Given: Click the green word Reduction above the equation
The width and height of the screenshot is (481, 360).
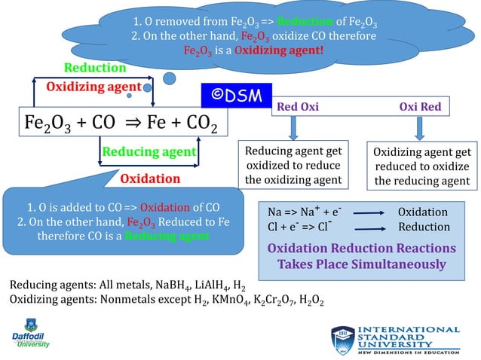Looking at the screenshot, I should (x=94, y=68).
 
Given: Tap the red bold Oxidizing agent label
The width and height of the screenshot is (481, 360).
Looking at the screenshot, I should (x=94, y=87).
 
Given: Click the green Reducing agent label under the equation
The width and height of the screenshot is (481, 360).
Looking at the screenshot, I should (x=149, y=152).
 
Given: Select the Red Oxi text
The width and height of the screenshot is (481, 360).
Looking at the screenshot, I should (x=299, y=107).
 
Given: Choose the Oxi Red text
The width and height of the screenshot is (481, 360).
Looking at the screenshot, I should (x=420, y=107).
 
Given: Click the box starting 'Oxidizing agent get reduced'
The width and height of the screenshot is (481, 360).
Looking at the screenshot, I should (x=422, y=166).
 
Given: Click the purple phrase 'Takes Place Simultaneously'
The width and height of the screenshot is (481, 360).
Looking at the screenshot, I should (x=361, y=264).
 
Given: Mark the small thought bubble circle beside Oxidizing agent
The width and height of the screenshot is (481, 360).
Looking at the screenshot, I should (x=171, y=77).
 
